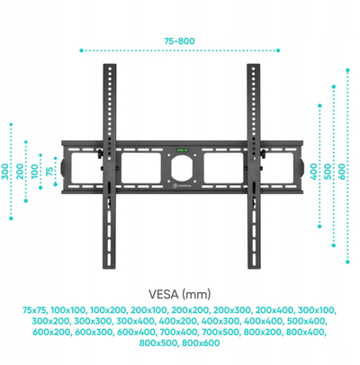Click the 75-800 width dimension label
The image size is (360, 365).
point(179,41)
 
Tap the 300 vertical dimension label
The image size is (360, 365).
point(5,171)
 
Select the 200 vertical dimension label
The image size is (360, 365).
point(20,171)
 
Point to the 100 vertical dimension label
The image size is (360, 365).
point(35,171)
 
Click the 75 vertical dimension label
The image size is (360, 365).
point(49,171)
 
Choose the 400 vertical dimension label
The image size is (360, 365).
point(313,171)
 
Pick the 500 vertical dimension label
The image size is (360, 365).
point(328,171)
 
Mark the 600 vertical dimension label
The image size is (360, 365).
point(342,171)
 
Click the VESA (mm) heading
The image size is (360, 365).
point(180,294)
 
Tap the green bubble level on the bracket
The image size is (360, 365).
point(182,150)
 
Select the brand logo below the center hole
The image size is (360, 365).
point(182,186)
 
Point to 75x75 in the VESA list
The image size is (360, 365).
point(35,310)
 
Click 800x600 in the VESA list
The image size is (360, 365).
point(201,343)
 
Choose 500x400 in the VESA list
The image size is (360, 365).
point(306,321)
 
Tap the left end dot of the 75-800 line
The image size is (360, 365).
point(81,50)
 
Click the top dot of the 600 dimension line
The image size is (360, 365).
point(347,70)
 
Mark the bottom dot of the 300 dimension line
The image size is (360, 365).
point(11,218)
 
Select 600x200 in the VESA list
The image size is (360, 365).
point(51,332)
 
